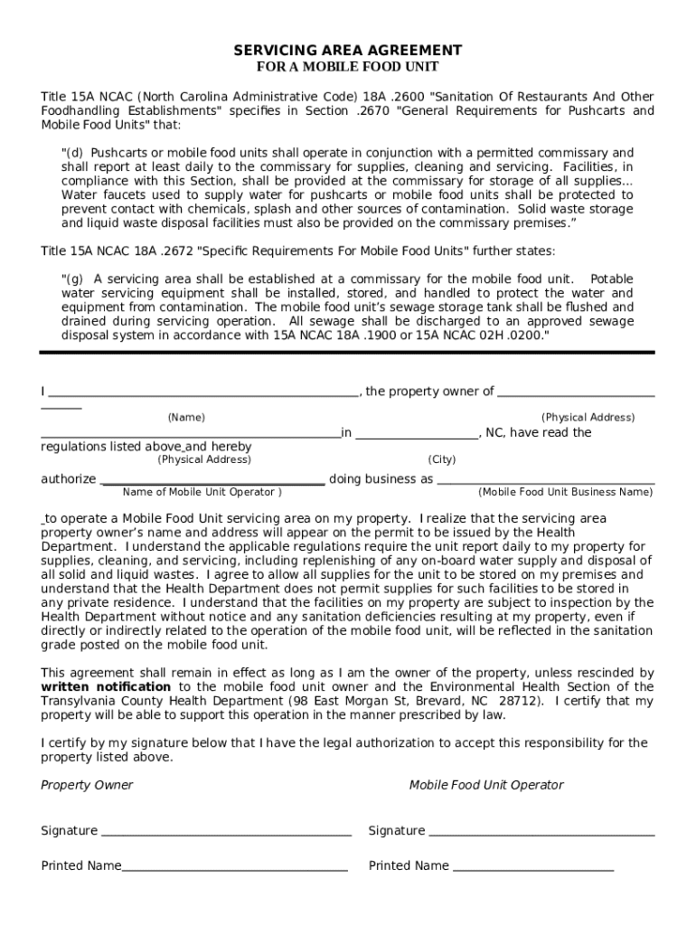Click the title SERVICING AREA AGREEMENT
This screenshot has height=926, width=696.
[348, 50]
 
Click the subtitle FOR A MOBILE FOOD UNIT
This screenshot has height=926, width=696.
[348, 67]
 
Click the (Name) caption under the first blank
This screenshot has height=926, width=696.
[186, 418]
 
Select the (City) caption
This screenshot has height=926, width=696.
[442, 459]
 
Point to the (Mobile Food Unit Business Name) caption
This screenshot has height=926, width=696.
[565, 492]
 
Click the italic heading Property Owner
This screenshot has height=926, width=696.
[87, 785]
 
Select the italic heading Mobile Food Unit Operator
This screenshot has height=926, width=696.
[486, 785]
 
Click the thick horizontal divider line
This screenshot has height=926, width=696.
[348, 353]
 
